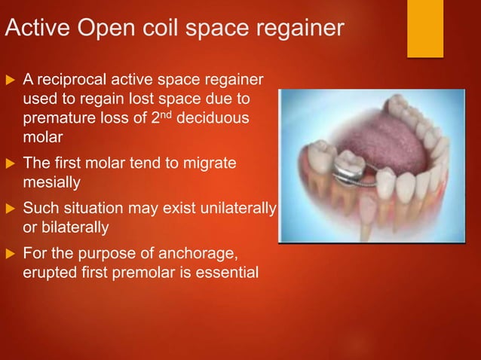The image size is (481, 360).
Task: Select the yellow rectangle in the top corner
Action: tap(425, 29)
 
